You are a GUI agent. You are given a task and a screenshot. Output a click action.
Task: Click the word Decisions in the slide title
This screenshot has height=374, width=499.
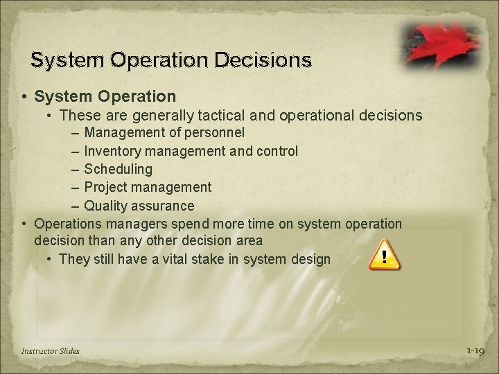click(x=266, y=60)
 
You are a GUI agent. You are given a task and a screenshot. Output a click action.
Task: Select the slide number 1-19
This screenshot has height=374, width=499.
click(x=475, y=351)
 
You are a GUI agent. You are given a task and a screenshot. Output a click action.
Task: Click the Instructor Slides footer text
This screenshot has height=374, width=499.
click(x=50, y=351)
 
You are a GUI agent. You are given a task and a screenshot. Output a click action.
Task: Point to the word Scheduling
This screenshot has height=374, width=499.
click(x=118, y=168)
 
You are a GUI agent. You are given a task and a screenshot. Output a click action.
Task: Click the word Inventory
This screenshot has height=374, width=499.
click(x=111, y=150)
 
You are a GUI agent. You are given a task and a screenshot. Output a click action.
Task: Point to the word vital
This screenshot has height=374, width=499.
click(x=182, y=260)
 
